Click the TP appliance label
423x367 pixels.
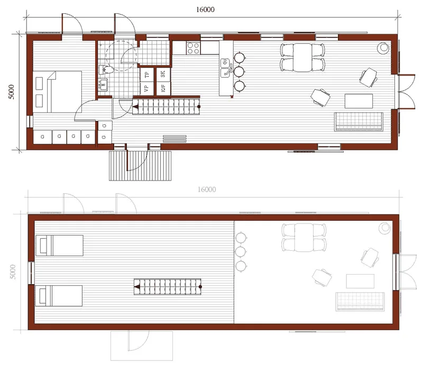point(147,74)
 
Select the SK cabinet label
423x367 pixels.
point(163,74)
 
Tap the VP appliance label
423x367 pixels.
point(146,88)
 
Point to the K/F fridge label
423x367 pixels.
point(163,88)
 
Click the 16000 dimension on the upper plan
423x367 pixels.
point(205,10)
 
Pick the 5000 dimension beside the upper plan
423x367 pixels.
point(11,92)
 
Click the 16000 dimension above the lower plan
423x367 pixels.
point(207,190)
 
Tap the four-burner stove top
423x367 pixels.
point(193,48)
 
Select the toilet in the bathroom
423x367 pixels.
point(106,70)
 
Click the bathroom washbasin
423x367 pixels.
point(103,84)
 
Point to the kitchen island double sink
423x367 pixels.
point(225,68)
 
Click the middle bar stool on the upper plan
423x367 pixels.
point(240,72)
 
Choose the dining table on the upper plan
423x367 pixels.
point(302,58)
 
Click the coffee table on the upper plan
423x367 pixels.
point(359,101)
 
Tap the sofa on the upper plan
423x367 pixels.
point(358,122)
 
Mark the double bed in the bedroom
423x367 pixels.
point(57,92)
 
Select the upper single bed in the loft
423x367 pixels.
point(59,246)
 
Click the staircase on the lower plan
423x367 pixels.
point(168,287)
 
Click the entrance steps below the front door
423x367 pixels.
point(140,165)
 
